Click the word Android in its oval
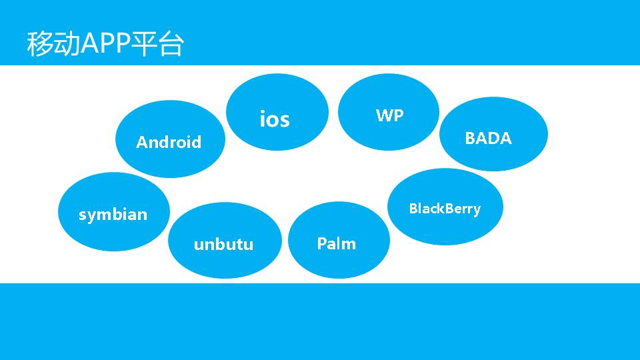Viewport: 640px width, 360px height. click(x=169, y=142)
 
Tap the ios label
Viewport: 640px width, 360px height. click(x=275, y=119)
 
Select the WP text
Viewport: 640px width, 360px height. click(x=389, y=115)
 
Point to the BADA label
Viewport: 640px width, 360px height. click(x=488, y=138)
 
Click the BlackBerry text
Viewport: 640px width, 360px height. click(x=445, y=209)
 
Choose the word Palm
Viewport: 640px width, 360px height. click(x=336, y=244)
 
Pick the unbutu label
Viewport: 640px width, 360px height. click(x=224, y=244)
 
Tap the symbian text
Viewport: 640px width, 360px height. click(x=113, y=215)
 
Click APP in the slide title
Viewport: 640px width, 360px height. click(x=105, y=43)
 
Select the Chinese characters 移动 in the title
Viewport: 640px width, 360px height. click(x=53, y=44)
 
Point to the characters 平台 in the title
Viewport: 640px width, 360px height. click(x=157, y=44)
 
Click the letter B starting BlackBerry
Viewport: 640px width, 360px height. click(x=413, y=208)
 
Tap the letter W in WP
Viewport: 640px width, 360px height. click(x=384, y=115)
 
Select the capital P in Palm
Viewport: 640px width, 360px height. click(x=321, y=243)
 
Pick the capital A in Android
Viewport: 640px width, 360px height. click(x=142, y=142)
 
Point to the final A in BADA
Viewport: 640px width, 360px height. click(x=506, y=138)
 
